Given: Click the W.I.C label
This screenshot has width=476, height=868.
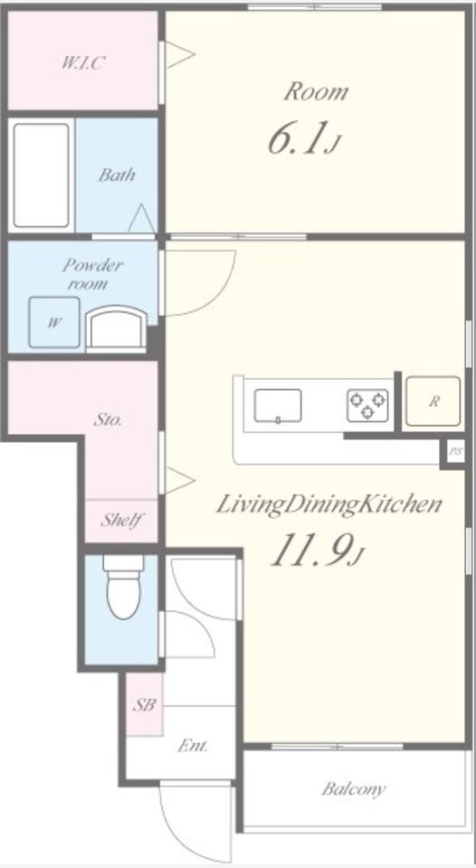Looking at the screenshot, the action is [81, 63].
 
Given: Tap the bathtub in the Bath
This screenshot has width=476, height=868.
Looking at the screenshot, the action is [41, 175].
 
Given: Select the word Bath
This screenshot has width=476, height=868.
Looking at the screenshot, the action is [117, 175].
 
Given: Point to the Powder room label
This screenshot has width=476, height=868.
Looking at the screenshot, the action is [92, 275].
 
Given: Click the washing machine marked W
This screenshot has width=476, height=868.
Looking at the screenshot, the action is [54, 322].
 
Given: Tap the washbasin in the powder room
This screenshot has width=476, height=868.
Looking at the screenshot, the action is [117, 329].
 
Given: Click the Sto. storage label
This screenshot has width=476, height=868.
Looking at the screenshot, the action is [108, 420].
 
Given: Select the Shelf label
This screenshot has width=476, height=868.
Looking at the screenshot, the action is [122, 520].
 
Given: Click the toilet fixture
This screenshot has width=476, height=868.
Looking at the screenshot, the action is [124, 587].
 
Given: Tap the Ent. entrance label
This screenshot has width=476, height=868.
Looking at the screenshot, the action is [193, 746].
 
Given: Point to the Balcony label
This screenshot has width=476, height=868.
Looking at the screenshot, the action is [354, 788].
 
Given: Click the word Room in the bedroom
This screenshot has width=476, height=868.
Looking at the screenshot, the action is [317, 92].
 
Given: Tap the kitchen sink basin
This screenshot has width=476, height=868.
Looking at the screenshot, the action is [278, 406].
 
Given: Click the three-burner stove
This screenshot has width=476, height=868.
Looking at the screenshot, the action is [368, 406].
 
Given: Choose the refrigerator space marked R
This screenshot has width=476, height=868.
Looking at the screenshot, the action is [433, 401].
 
